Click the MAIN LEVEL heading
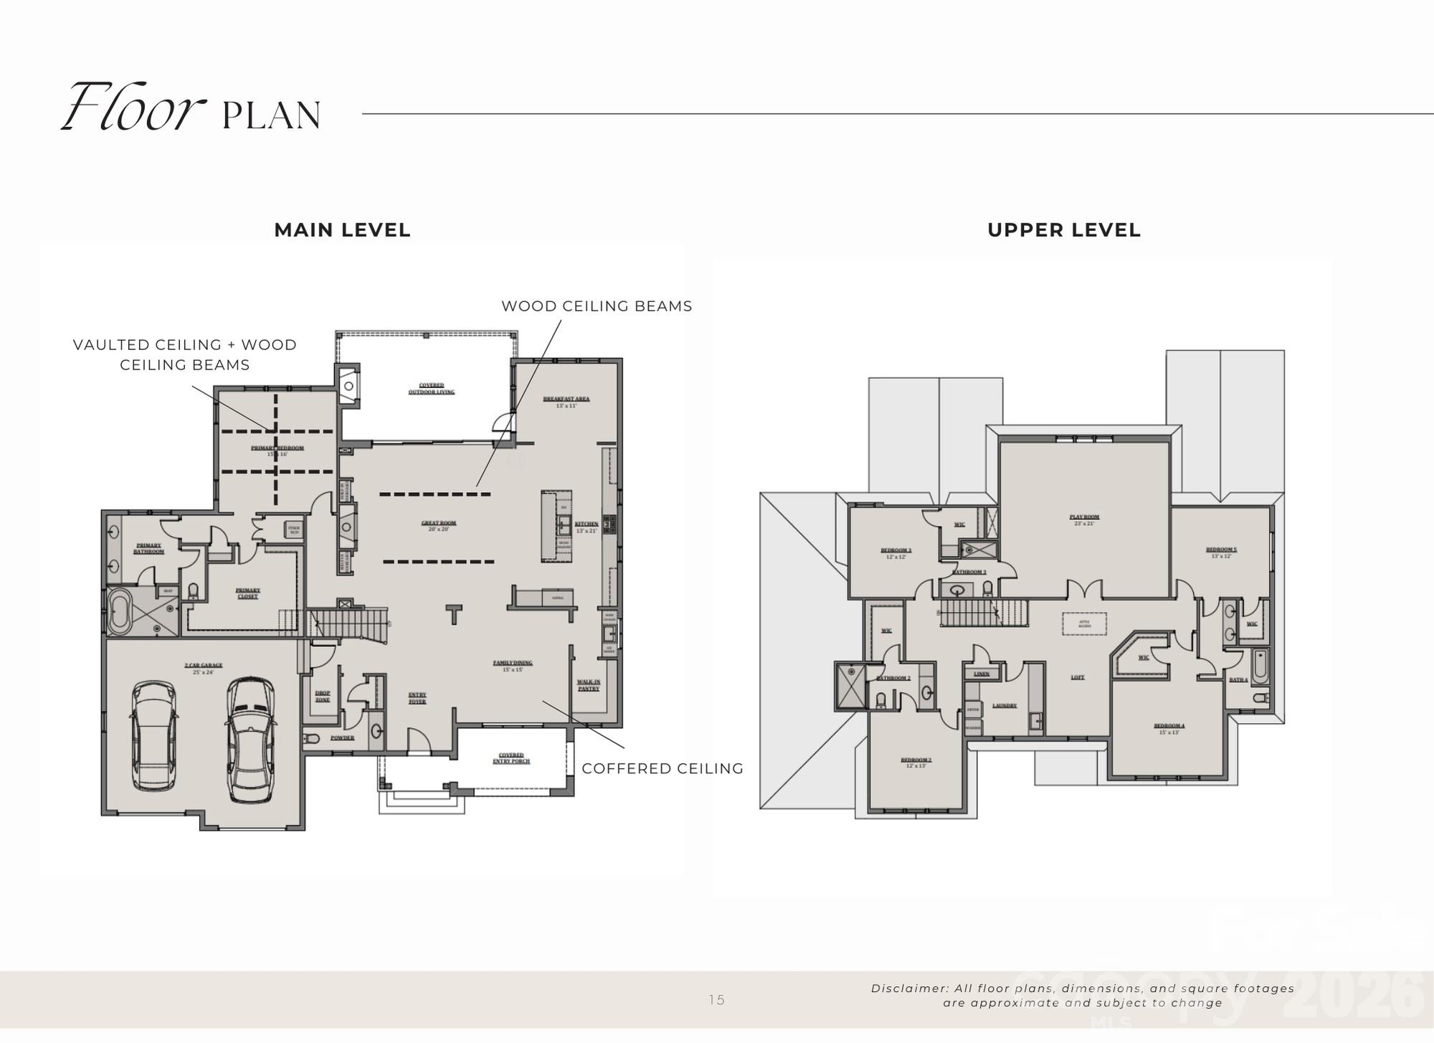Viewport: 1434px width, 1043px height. (342, 230)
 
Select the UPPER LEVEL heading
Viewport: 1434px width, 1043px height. (1063, 230)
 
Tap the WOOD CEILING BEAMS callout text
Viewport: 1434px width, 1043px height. (597, 306)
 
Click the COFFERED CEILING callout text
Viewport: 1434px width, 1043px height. (663, 768)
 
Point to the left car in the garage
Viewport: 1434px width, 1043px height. (154, 737)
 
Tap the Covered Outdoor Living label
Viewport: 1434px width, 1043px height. (431, 388)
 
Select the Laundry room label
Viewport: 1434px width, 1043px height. (1005, 705)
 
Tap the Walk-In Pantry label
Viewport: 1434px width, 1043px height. (588, 685)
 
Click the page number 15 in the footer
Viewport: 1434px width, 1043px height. (716, 1000)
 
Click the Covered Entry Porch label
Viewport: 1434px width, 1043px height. (511, 758)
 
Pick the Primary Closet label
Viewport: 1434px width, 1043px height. (247, 593)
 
